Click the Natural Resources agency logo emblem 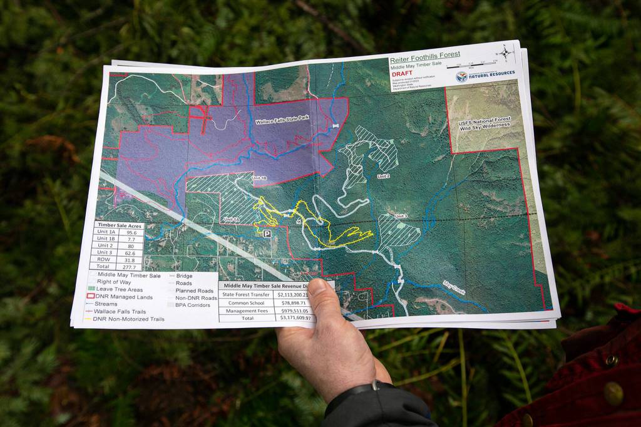click(x=462, y=76)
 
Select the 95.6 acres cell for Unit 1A click(x=131, y=232)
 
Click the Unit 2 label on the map click(x=382, y=177)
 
